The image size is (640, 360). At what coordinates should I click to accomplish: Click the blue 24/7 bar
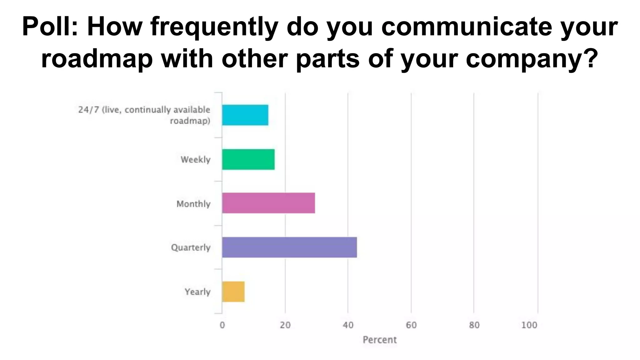click(x=245, y=115)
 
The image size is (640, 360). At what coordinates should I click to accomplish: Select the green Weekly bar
click(x=248, y=159)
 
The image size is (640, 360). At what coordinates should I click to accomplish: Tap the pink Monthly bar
click(x=268, y=203)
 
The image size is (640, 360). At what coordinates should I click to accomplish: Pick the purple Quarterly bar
click(x=289, y=247)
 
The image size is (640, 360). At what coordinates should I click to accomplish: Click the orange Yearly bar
click(x=233, y=292)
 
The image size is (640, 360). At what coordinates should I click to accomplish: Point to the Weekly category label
click(x=196, y=160)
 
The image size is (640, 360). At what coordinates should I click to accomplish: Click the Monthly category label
click(x=193, y=204)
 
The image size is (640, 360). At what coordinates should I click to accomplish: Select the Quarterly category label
click(x=191, y=247)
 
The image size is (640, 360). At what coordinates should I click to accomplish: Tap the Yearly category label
click(x=197, y=292)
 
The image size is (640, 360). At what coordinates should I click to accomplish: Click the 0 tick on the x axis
click(x=222, y=325)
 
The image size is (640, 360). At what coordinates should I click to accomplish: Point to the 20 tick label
click(x=285, y=325)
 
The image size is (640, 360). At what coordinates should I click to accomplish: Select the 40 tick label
click(x=348, y=325)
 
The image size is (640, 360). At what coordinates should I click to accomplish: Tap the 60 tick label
click(x=411, y=325)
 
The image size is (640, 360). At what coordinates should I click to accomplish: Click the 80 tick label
click(x=474, y=325)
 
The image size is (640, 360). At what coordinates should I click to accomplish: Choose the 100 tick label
click(x=529, y=325)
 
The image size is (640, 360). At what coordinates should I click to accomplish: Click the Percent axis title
click(x=380, y=340)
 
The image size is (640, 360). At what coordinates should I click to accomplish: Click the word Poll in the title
click(x=49, y=27)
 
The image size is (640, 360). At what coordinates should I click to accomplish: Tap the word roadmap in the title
click(x=97, y=59)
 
